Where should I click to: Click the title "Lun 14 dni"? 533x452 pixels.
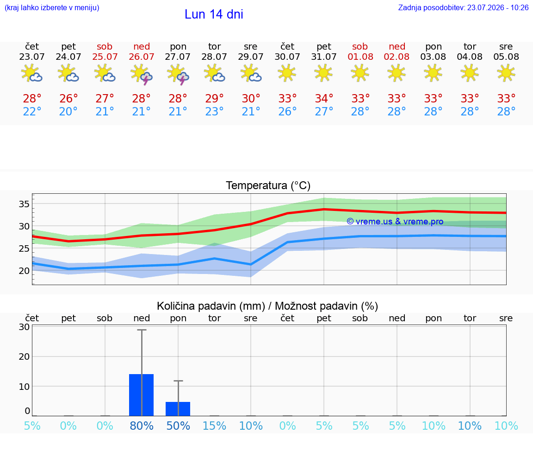[214, 14]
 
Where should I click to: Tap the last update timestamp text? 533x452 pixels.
[463, 7]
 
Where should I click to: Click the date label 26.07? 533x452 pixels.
[142, 57]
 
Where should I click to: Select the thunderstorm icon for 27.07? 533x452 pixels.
[178, 75]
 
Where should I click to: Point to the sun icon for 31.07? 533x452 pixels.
[323, 73]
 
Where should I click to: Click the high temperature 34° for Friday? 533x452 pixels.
[324, 98]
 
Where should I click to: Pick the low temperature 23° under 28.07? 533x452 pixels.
[214, 111]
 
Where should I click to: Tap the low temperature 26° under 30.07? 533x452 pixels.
[287, 111]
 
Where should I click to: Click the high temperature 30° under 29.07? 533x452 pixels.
[251, 98]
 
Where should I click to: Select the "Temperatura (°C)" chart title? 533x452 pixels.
[268, 185]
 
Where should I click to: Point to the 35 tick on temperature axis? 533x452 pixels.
[24, 204]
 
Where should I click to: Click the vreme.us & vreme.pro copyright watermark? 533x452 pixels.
[395, 222]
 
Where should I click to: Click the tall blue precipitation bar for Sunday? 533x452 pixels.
[142, 395]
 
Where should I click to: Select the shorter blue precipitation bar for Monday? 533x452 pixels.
[178, 409]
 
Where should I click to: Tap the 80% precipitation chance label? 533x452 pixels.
[142, 426]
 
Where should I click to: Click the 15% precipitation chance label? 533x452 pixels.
[214, 426]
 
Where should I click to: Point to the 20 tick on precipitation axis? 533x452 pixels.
[24, 357]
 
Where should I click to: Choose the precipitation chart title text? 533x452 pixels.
[267, 306]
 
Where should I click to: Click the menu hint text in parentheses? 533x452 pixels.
[52, 7]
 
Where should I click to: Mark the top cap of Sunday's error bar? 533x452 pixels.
[142, 330]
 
